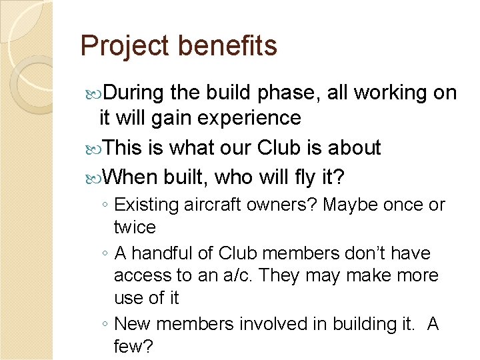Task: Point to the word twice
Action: click(x=135, y=227)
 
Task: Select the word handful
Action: click(x=163, y=253)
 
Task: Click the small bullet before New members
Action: click(x=107, y=325)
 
